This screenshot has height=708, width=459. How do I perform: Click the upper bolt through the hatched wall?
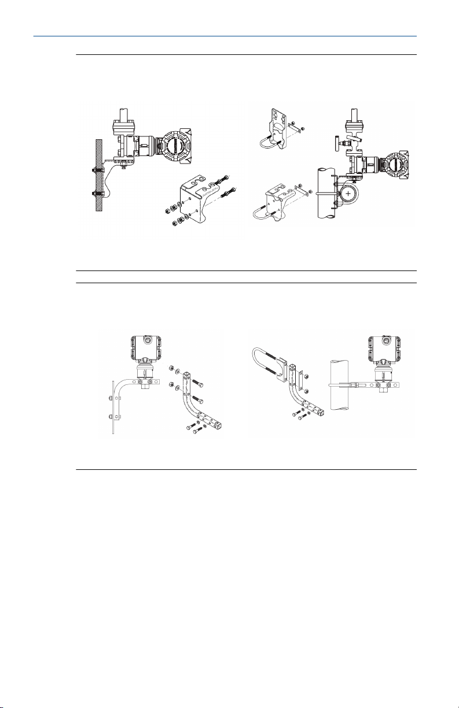[97, 170]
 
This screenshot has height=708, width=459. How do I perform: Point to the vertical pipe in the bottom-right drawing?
[342, 385]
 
